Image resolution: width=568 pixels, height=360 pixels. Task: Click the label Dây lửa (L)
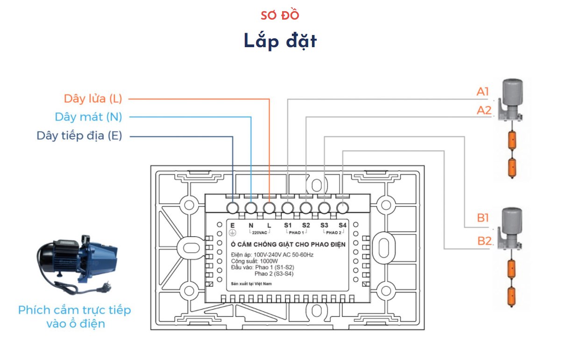click(92, 99)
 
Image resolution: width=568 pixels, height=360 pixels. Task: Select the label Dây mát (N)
click(88, 117)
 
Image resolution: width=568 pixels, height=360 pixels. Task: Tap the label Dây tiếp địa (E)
click(79, 136)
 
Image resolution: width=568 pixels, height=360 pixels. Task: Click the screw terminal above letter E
click(233, 207)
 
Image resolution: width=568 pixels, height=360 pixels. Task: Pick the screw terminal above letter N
click(251, 207)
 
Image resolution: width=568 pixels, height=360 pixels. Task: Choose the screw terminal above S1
click(288, 207)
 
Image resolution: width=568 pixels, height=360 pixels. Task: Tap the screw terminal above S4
click(342, 207)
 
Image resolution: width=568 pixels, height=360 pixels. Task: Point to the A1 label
click(483, 92)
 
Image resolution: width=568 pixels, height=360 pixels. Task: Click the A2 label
click(484, 111)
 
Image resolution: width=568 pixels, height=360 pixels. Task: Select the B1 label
click(483, 218)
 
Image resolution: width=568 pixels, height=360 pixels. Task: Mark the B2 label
click(484, 241)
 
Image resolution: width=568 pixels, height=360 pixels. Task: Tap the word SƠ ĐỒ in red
click(280, 15)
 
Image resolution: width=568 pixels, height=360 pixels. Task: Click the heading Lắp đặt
click(280, 41)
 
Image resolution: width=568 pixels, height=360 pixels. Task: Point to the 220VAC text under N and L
click(260, 232)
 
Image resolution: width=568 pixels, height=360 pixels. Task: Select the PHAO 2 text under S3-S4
click(334, 232)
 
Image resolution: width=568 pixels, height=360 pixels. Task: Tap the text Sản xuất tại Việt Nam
click(251, 283)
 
